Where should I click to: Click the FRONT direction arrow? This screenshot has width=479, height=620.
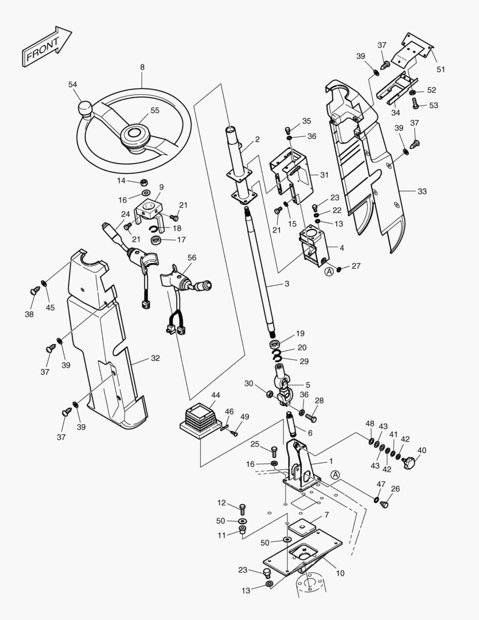46,45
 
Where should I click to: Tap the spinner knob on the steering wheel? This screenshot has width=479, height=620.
85,108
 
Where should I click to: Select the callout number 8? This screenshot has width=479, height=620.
142,67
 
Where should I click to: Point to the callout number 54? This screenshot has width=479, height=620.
72,84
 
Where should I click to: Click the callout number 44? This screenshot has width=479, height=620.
216,396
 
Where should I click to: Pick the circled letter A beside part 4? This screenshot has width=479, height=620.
329,272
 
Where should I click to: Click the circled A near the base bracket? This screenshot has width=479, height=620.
336,475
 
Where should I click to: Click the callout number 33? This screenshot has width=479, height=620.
422,191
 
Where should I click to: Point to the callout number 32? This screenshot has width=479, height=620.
155,358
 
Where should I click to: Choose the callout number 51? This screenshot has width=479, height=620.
441,69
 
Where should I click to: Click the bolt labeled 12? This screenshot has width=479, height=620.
242,508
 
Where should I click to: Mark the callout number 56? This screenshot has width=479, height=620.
192,258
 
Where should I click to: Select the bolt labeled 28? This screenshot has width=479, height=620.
310,417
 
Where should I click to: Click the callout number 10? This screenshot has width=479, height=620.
340,573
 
